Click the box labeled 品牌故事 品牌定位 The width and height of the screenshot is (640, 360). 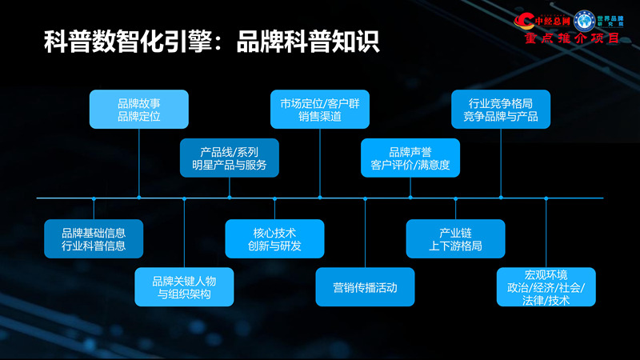[139, 109]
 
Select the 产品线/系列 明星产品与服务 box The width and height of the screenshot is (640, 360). [230, 158]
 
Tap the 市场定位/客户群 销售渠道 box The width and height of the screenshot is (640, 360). [320, 109]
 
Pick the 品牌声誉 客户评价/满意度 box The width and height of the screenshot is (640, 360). [410, 158]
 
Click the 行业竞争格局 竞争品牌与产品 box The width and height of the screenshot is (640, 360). [501, 109]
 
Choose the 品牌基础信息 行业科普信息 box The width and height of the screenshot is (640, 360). [94, 238]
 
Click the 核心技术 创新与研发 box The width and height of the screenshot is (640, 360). [274, 238]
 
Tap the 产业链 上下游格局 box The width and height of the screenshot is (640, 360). [455, 238]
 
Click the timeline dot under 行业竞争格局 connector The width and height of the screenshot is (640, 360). [501, 198]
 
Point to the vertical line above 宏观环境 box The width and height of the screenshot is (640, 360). [546, 232]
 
